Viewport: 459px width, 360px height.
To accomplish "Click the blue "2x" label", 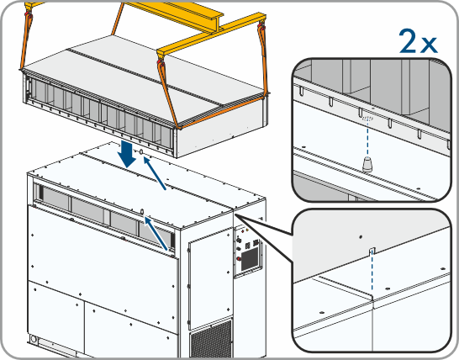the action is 419,41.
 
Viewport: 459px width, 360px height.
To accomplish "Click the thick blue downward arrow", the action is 128,155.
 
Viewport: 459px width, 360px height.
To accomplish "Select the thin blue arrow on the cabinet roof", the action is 155,173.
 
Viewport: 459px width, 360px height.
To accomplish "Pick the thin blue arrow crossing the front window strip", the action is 156,234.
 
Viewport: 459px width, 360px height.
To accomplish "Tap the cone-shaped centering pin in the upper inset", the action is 367,164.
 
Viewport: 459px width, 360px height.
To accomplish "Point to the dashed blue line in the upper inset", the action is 367,138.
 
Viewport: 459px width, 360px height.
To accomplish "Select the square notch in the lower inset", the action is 372,251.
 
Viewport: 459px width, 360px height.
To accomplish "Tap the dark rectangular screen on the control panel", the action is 249,260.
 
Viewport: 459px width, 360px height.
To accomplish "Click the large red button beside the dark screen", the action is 239,259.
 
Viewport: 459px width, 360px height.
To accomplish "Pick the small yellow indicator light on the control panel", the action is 247,230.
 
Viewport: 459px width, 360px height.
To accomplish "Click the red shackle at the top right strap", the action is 261,28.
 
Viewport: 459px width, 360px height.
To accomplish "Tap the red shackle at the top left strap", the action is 29,13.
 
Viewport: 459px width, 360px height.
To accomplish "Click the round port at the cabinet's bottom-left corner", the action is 34,340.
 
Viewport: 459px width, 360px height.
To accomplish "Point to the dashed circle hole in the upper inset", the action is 368,119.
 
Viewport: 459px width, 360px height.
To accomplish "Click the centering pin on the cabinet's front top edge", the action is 142,212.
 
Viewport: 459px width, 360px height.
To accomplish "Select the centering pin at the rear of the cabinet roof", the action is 140,152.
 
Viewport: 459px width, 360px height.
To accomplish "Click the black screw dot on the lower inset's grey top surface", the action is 361,236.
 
